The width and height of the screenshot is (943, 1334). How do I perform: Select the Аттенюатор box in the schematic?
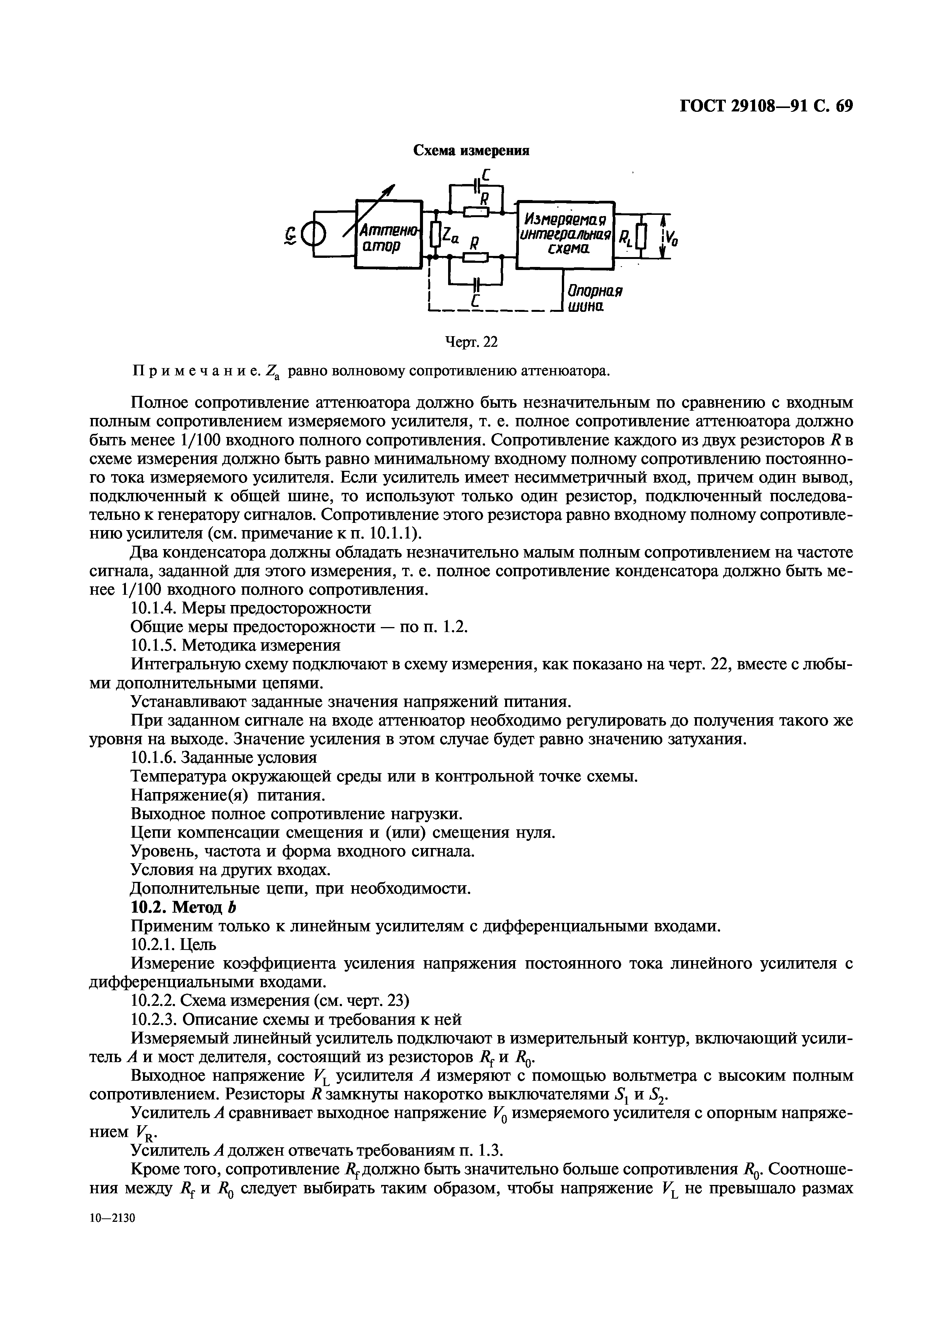388,233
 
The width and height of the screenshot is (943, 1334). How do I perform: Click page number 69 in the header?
844,106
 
